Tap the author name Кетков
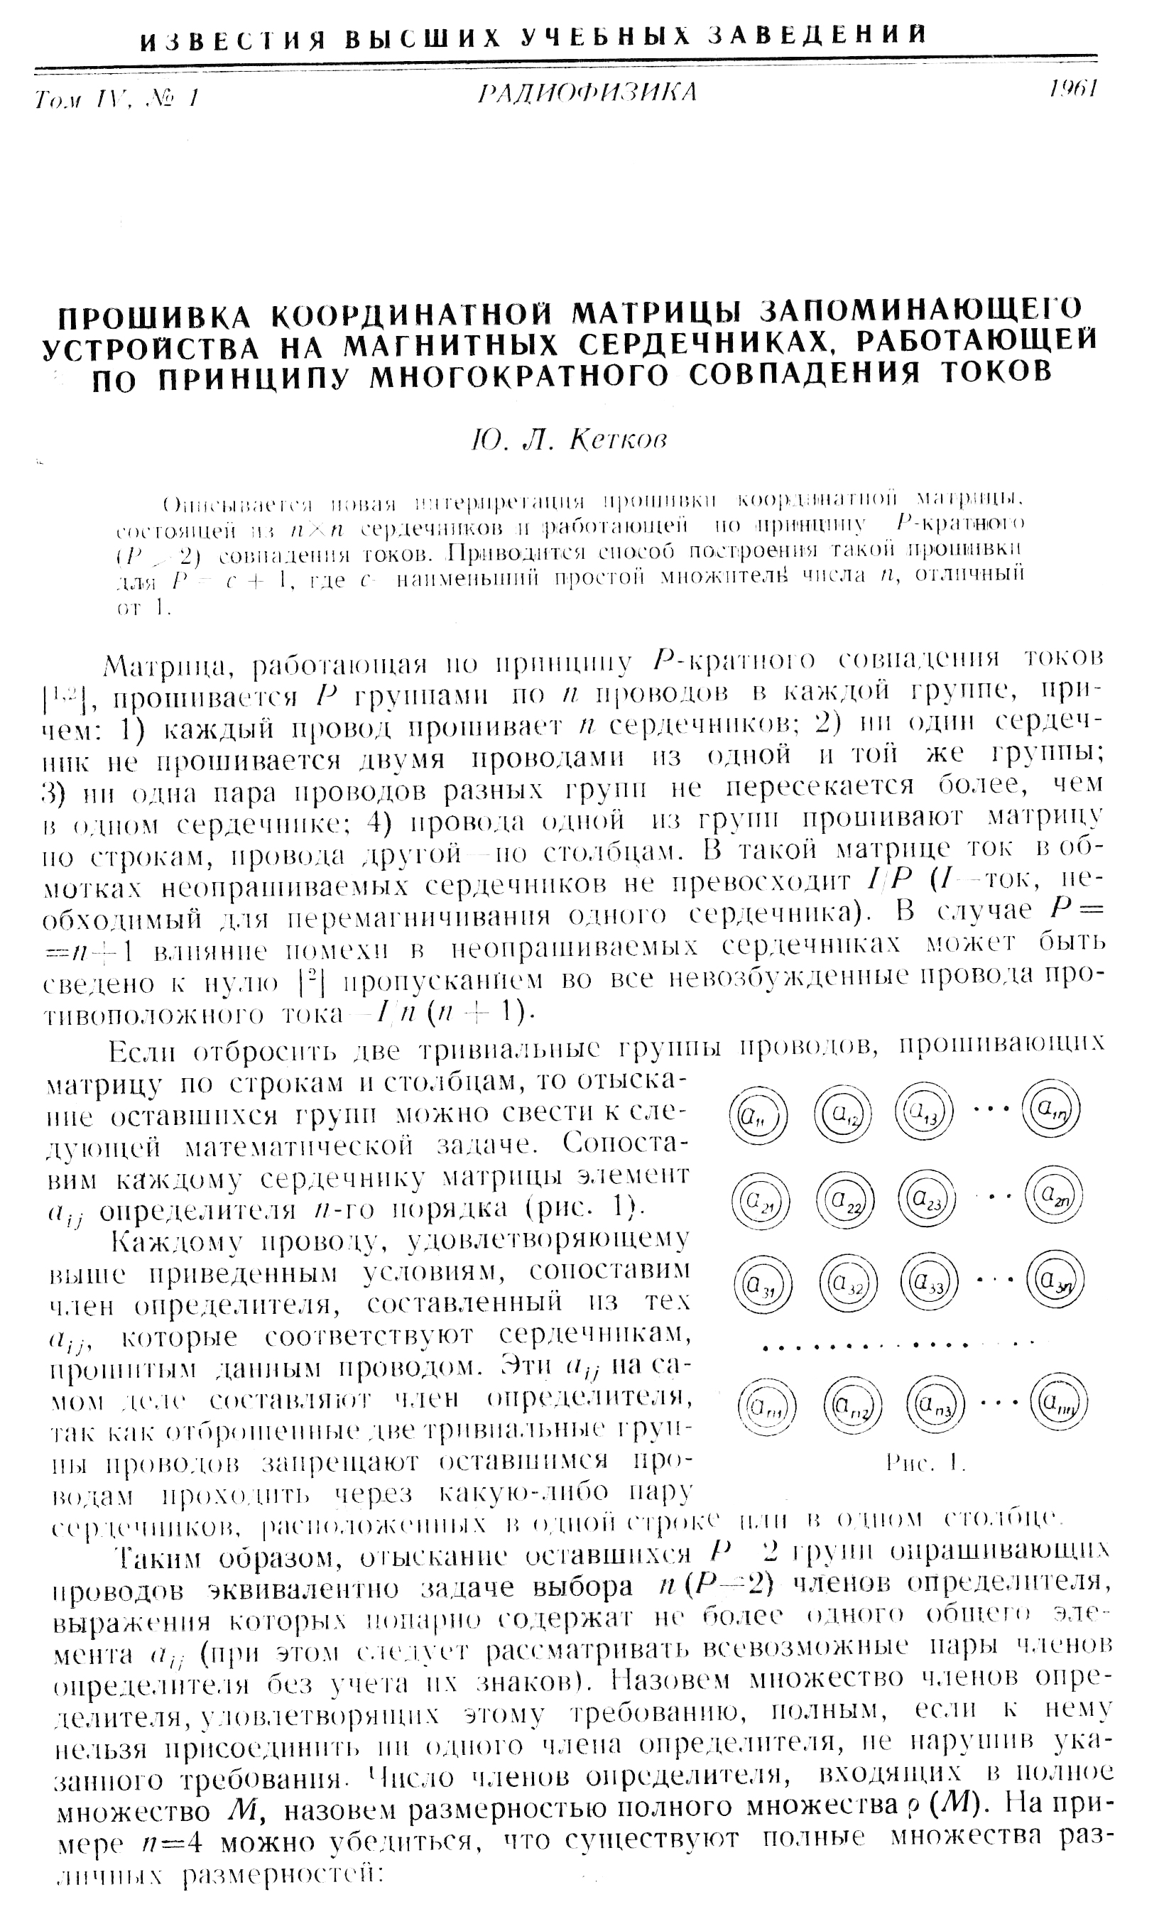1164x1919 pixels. (x=619, y=441)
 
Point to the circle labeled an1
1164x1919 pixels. (x=766, y=1406)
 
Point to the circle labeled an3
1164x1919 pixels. (x=935, y=1404)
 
